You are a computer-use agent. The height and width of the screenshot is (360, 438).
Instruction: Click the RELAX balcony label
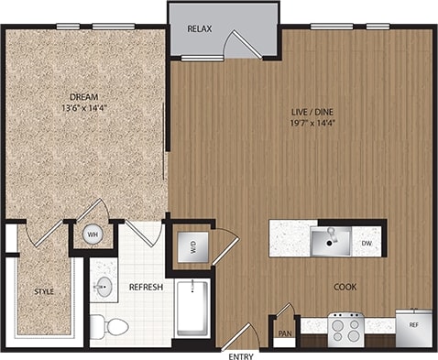click(200, 29)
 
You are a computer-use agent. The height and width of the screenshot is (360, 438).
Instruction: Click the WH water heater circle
click(93, 234)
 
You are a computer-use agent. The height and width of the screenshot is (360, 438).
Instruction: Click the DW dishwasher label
click(367, 244)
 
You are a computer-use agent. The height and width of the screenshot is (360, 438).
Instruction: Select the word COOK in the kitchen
click(345, 287)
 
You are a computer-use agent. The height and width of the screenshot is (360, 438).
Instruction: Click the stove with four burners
click(347, 326)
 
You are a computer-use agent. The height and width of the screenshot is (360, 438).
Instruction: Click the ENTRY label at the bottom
click(242, 355)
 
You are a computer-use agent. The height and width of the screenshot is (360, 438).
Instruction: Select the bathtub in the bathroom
click(193, 310)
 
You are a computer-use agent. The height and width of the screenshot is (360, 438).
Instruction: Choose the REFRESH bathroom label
click(146, 287)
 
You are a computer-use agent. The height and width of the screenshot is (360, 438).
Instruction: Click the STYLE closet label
click(44, 293)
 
